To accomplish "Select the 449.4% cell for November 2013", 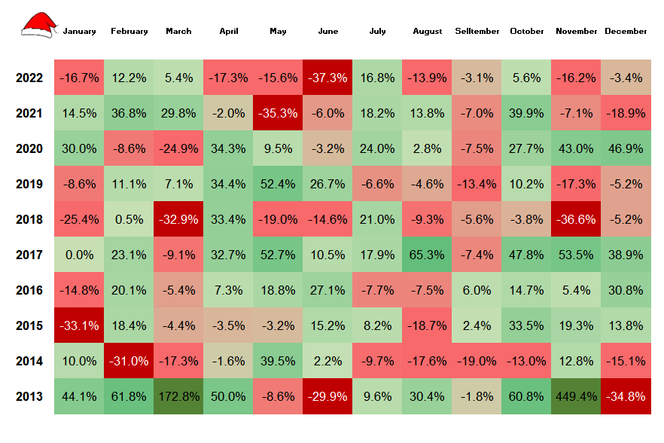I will [x=576, y=396].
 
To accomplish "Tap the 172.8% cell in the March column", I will [x=178, y=396].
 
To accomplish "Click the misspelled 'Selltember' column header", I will [x=477, y=32].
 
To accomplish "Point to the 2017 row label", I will [x=29, y=255].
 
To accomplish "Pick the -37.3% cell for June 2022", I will [x=327, y=78].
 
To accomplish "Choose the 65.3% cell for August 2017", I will [x=427, y=255].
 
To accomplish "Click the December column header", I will [x=626, y=32].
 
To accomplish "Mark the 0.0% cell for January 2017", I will [x=79, y=255].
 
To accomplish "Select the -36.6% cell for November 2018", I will [x=576, y=219].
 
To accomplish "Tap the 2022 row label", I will [x=29, y=78].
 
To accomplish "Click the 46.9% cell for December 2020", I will [x=626, y=148].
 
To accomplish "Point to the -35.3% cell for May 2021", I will [x=278, y=113].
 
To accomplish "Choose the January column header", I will [x=79, y=32].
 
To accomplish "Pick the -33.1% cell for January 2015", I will [x=79, y=325].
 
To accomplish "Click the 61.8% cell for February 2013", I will [x=129, y=396].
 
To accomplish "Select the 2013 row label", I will [x=29, y=396].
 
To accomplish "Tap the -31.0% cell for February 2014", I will [x=129, y=361].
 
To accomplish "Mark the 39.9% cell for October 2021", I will [x=526, y=113].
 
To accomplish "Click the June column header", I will [x=327, y=32].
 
